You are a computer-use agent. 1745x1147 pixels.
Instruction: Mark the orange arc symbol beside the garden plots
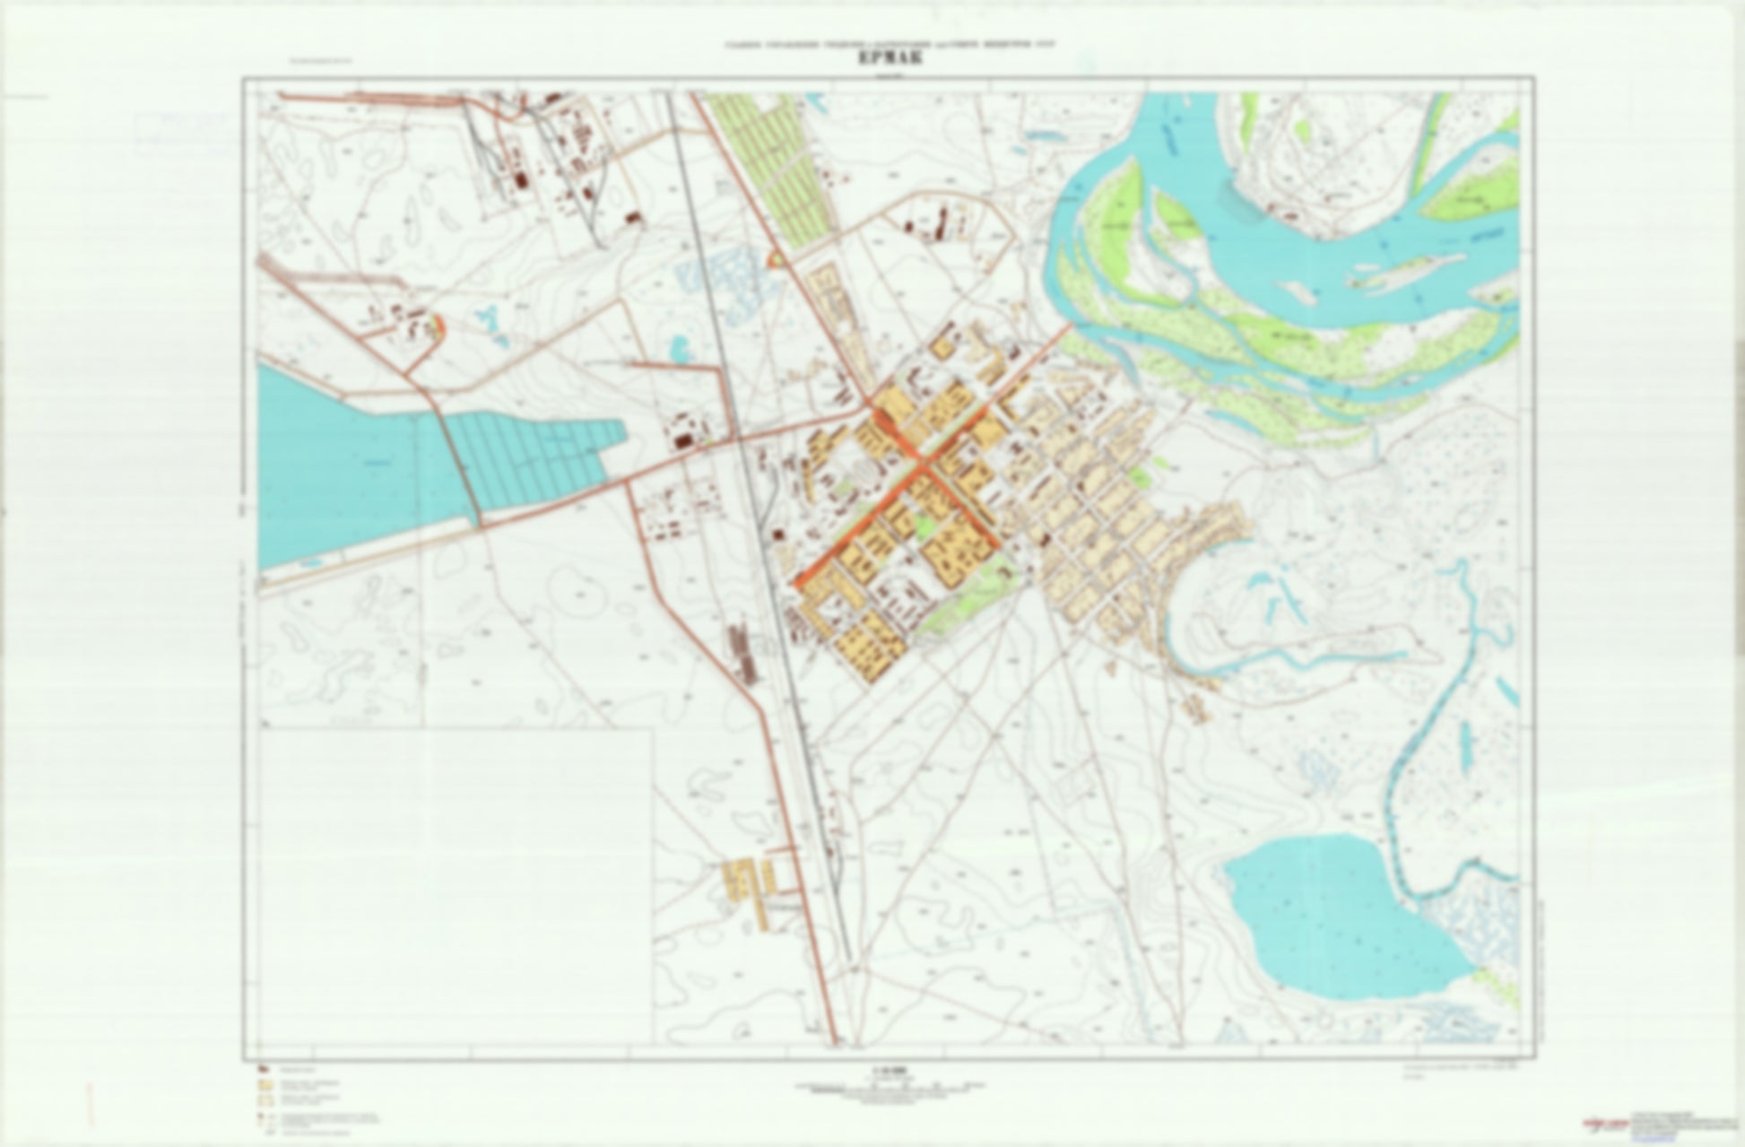[x=774, y=260]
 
